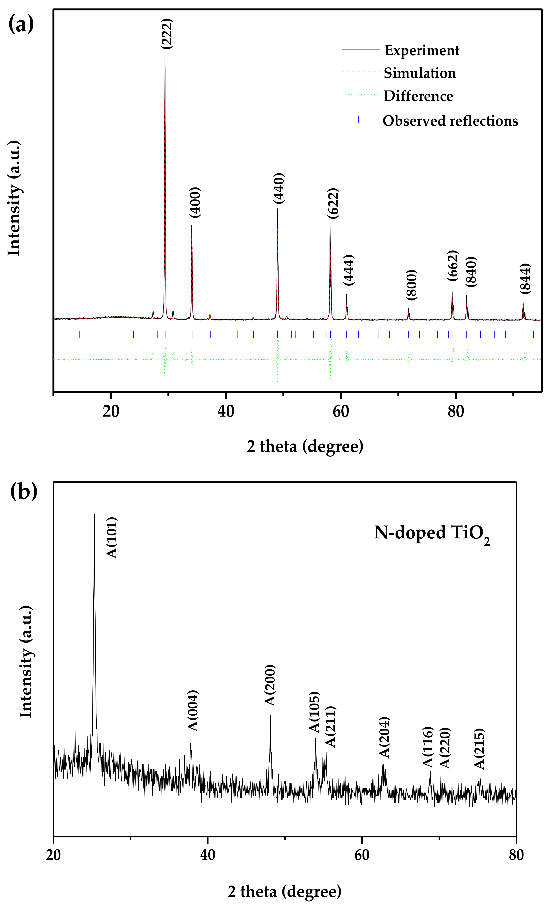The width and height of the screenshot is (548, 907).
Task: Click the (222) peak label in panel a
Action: pyautogui.click(x=167, y=34)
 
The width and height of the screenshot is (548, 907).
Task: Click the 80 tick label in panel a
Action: pyautogui.click(x=456, y=411)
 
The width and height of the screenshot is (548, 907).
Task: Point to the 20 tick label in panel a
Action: pyautogui.click(x=111, y=411)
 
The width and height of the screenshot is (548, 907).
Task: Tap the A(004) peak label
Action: pyautogui.click(x=193, y=710)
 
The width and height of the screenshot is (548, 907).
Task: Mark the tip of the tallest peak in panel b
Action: pyautogui.click(x=94, y=514)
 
